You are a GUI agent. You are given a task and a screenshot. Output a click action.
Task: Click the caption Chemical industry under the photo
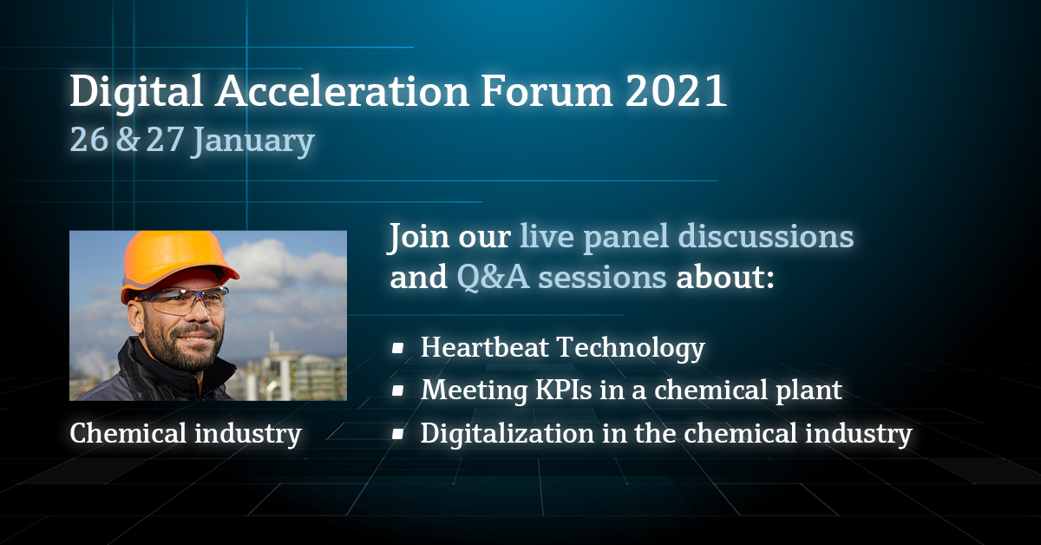[186, 432]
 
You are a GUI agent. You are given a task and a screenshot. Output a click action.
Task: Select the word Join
[419, 238]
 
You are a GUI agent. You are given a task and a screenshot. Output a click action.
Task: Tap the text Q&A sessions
[561, 279]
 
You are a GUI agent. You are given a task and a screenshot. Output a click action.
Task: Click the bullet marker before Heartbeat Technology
[397, 348]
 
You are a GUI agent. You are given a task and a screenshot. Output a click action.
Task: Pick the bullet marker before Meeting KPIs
[397, 391]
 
